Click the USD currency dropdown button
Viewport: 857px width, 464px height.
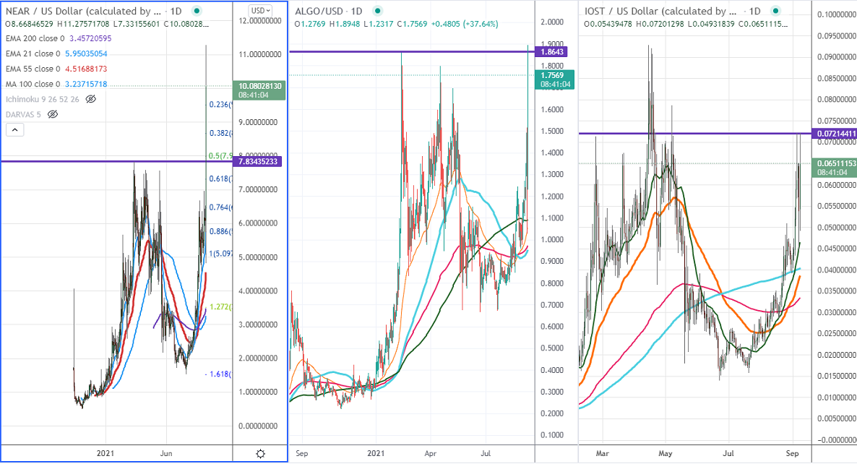(x=260, y=10)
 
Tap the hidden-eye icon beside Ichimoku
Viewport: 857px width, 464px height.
(x=90, y=100)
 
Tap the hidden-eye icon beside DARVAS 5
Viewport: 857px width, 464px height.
(x=52, y=114)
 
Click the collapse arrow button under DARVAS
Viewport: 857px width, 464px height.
(x=15, y=130)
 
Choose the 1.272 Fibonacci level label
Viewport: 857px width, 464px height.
(x=220, y=307)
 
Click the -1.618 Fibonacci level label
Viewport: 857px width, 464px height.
(x=218, y=374)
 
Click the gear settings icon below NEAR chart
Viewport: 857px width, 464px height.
(x=260, y=453)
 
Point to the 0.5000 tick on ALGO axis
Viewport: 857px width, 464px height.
(x=553, y=348)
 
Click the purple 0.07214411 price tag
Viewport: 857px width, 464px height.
(x=835, y=134)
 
